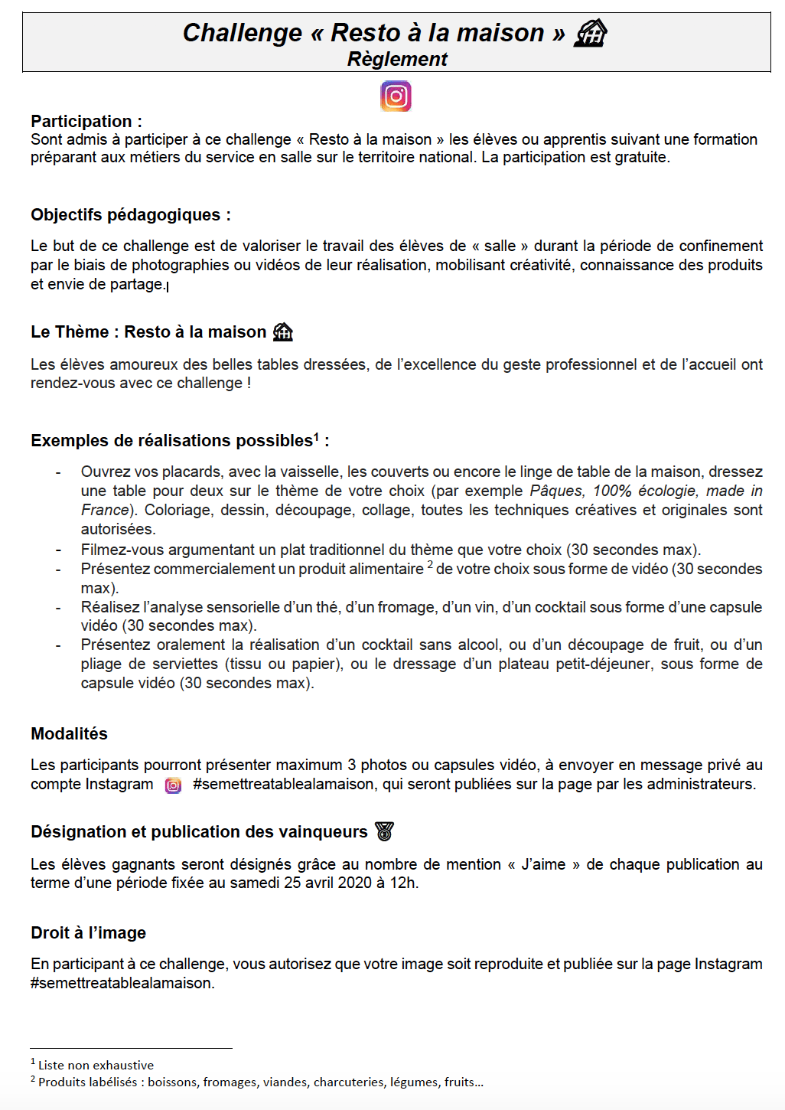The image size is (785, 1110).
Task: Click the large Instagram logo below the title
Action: pyautogui.click(x=396, y=96)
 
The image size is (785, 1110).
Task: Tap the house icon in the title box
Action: pyautogui.click(x=590, y=33)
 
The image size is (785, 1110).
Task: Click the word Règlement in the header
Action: pyautogui.click(x=397, y=59)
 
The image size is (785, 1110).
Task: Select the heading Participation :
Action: pyautogui.click(x=86, y=121)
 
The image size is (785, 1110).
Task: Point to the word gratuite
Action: pyautogui.click(x=640, y=158)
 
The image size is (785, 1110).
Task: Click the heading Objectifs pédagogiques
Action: pyautogui.click(x=130, y=215)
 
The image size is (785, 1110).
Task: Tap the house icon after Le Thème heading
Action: pyautogui.click(x=283, y=331)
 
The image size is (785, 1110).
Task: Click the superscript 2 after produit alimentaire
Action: pyautogui.click(x=430, y=565)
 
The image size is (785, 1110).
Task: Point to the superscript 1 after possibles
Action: pyautogui.click(x=317, y=436)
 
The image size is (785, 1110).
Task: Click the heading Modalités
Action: pyautogui.click(x=69, y=733)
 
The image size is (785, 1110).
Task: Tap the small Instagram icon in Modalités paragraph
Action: pyautogui.click(x=174, y=785)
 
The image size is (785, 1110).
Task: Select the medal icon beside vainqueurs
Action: pyautogui.click(x=384, y=831)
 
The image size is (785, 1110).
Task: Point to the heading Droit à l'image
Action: pyautogui.click(x=88, y=932)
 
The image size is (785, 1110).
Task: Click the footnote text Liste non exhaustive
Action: pyautogui.click(x=96, y=1065)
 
